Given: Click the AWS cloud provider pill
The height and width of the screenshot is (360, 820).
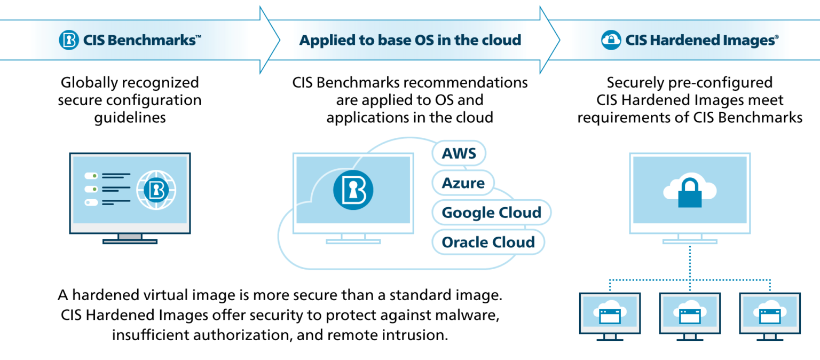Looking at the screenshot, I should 459,153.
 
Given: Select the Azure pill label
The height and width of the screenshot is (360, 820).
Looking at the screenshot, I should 463,183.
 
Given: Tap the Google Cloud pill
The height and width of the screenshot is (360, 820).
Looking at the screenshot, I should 491,213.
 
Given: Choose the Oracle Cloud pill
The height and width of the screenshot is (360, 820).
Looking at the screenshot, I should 488,242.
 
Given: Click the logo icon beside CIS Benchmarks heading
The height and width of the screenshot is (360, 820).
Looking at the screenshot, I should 69,40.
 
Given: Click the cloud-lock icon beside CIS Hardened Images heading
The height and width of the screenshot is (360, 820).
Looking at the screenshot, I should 611,40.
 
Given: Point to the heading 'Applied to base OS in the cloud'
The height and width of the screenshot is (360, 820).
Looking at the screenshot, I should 409,40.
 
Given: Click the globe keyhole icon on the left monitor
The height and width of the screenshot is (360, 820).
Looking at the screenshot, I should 155,189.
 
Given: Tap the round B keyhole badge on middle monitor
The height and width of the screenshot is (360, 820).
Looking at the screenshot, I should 353,189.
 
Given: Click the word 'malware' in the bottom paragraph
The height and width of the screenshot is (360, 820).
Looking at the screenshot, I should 469,315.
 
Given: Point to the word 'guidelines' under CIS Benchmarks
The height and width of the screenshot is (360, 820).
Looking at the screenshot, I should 130,118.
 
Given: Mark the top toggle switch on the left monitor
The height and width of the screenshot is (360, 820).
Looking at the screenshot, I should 91,175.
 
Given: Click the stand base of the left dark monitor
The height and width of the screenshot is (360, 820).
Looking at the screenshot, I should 130,241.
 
